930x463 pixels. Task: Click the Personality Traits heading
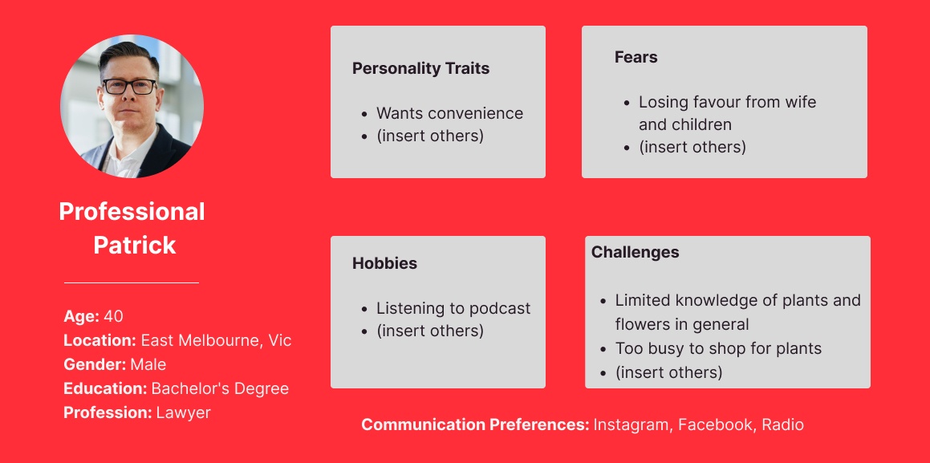tap(420, 69)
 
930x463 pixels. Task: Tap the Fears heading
tap(636, 58)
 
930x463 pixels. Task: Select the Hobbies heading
tap(384, 263)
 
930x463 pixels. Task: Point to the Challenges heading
tap(636, 252)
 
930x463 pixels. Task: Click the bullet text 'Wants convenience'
tap(449, 113)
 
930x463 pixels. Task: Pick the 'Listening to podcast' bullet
tap(453, 308)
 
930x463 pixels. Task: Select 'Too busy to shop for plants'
tap(718, 348)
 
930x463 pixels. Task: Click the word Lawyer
tap(183, 412)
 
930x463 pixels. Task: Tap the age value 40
tap(113, 317)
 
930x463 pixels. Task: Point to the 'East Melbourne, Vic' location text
tap(216, 341)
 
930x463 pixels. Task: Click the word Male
tap(148, 364)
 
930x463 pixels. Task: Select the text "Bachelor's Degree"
tap(220, 389)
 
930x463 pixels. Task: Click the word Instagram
tap(632, 425)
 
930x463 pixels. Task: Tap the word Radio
tap(783, 425)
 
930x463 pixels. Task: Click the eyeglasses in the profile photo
tap(129, 87)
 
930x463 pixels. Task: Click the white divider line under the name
tap(132, 283)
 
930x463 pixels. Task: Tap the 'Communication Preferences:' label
tap(475, 425)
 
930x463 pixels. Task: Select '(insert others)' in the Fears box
tap(692, 147)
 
